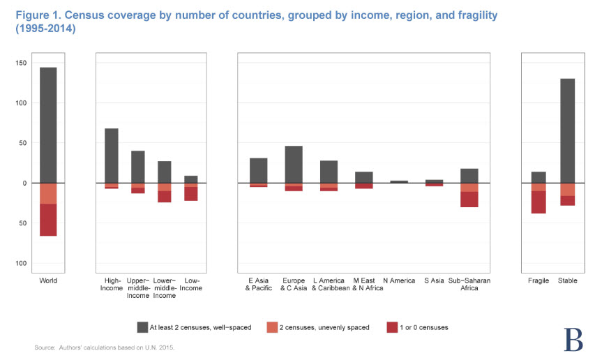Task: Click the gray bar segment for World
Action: [x=48, y=125]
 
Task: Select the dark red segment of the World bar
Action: [x=48, y=220]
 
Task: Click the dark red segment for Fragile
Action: [x=538, y=202]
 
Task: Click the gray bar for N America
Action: [x=399, y=181]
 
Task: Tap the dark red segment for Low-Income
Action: [x=191, y=194]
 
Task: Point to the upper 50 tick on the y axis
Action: [x=22, y=143]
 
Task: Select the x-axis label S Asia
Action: [x=434, y=280]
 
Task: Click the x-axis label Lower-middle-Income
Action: [x=165, y=288]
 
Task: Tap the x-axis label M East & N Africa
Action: [x=363, y=284]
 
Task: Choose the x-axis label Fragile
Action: [x=538, y=280]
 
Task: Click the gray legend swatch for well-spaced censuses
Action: [x=142, y=327]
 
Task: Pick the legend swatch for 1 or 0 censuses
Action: [x=393, y=327]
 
